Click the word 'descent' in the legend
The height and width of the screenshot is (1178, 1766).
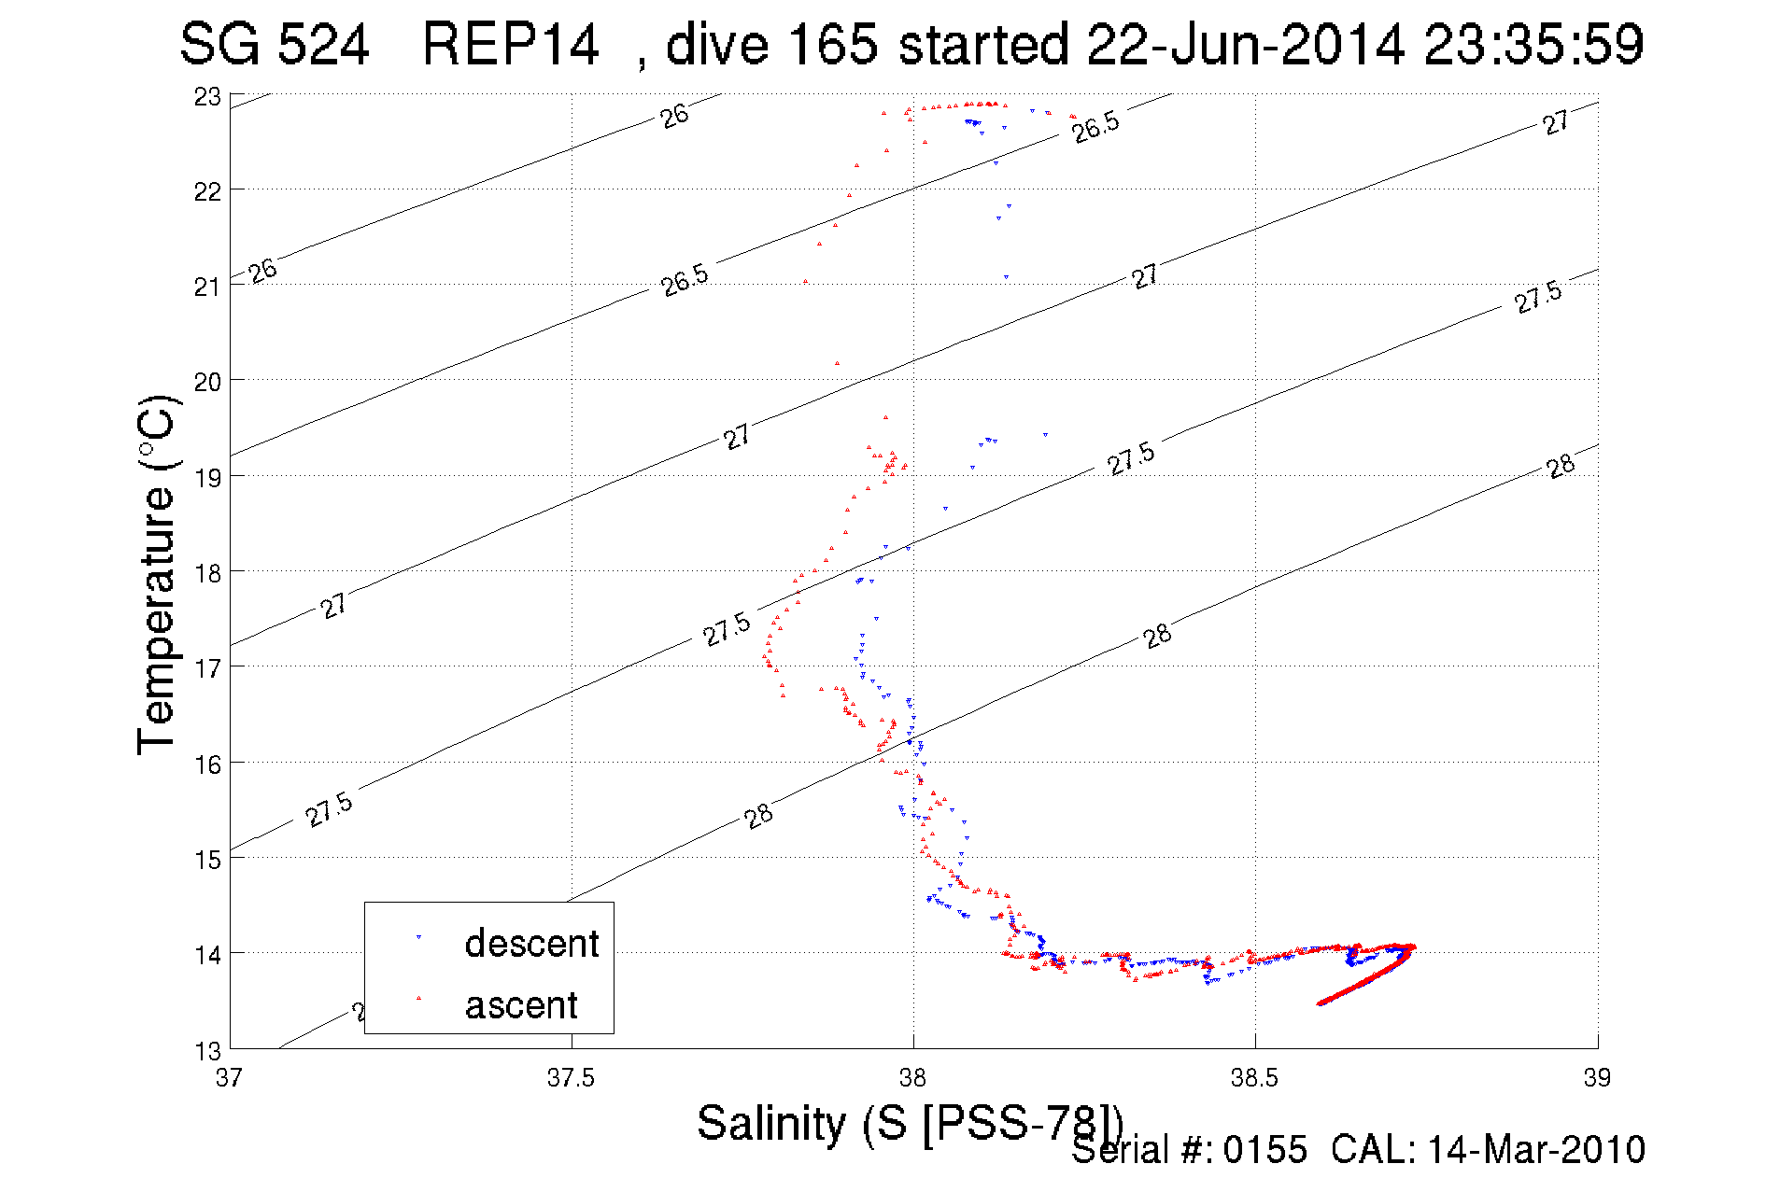pyautogui.click(x=531, y=944)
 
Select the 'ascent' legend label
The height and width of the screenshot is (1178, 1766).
pyautogui.click(x=521, y=1005)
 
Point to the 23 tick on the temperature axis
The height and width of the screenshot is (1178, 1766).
pyautogui.click(x=207, y=97)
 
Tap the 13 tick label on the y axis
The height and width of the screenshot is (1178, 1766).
pyautogui.click(x=207, y=1051)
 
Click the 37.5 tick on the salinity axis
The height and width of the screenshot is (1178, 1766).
pyautogui.click(x=571, y=1078)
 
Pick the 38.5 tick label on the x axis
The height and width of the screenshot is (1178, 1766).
pyautogui.click(x=1254, y=1078)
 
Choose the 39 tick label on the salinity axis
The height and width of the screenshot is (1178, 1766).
pyautogui.click(x=1597, y=1078)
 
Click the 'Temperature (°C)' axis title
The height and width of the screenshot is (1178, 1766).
pyautogui.click(x=157, y=574)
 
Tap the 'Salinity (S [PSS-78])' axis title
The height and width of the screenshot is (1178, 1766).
pyautogui.click(x=909, y=1123)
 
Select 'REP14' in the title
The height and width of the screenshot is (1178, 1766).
pyautogui.click(x=510, y=44)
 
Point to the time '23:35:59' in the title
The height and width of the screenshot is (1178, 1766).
pyautogui.click(x=1533, y=44)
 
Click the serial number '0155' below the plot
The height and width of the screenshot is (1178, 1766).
pyautogui.click(x=1265, y=1150)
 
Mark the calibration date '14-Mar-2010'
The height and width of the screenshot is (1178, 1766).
pyautogui.click(x=1535, y=1150)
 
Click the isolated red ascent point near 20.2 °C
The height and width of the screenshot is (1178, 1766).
pyautogui.click(x=837, y=363)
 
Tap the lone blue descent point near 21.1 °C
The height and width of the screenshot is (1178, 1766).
pyautogui.click(x=1006, y=277)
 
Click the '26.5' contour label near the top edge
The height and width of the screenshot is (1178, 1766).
pyautogui.click(x=1095, y=127)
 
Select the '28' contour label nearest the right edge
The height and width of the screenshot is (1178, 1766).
pyautogui.click(x=1561, y=466)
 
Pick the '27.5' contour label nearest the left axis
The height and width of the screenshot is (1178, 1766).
pyautogui.click(x=329, y=809)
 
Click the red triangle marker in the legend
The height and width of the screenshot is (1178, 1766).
pyautogui.click(x=418, y=998)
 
